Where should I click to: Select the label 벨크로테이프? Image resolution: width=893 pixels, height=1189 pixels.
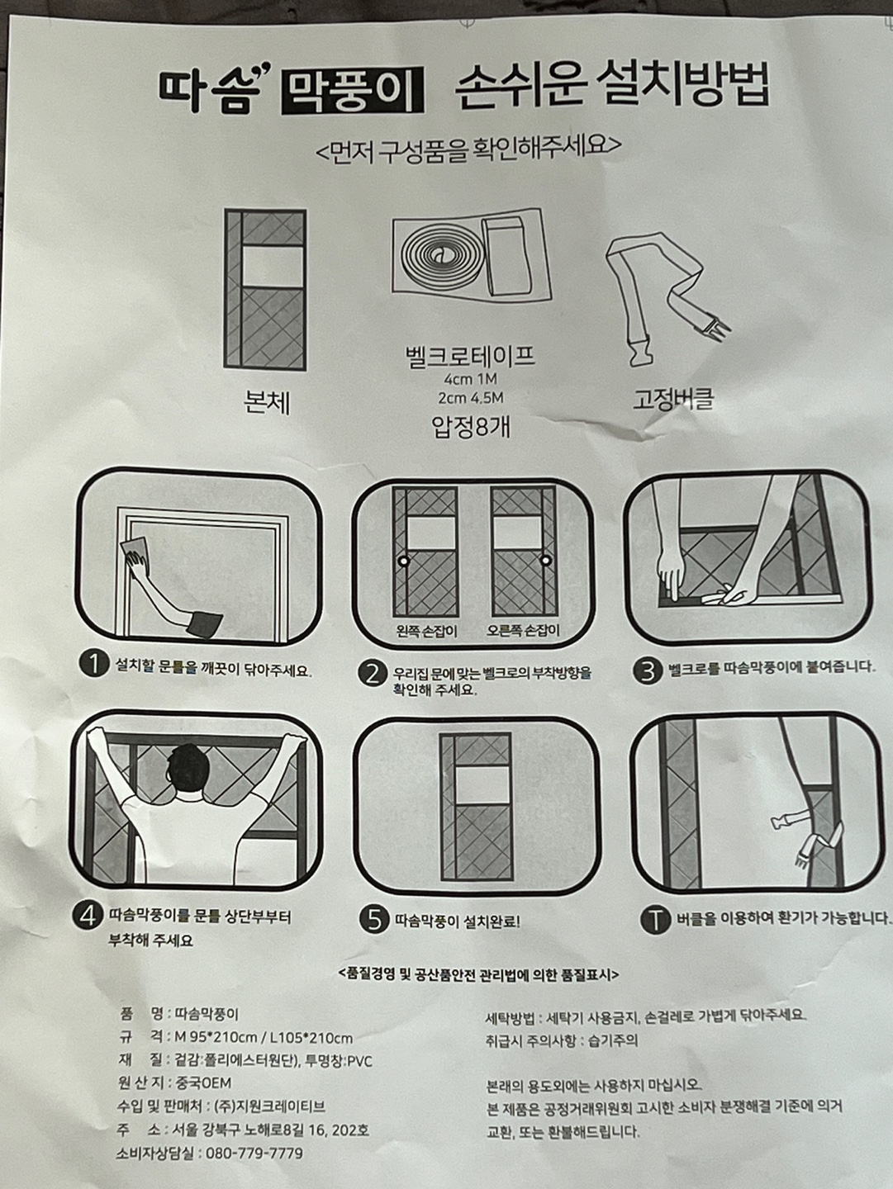click(470, 356)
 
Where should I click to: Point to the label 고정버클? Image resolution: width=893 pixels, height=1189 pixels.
click(673, 399)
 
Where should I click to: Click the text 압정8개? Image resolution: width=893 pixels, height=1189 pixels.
click(470, 428)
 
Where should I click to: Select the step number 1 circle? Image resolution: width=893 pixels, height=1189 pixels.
click(95, 664)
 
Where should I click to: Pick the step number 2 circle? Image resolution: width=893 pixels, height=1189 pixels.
click(373, 674)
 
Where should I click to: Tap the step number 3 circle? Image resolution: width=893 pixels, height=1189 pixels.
click(648, 670)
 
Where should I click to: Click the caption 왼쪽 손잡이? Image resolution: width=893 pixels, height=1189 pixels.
click(426, 632)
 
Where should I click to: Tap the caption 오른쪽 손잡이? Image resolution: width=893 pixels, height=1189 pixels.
click(523, 631)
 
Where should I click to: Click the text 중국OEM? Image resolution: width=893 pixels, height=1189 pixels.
click(203, 1082)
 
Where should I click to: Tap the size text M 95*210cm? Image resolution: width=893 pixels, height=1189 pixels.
click(216, 1037)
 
